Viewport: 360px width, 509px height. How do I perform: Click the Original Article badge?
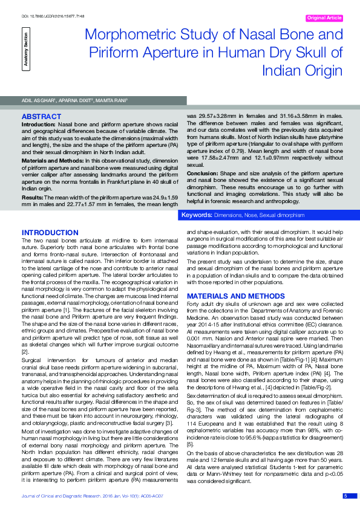(325, 18)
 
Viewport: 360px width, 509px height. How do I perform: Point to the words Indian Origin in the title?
(302, 71)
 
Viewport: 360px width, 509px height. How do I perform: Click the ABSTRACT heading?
(41, 115)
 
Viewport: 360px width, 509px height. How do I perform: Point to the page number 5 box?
(345, 496)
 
